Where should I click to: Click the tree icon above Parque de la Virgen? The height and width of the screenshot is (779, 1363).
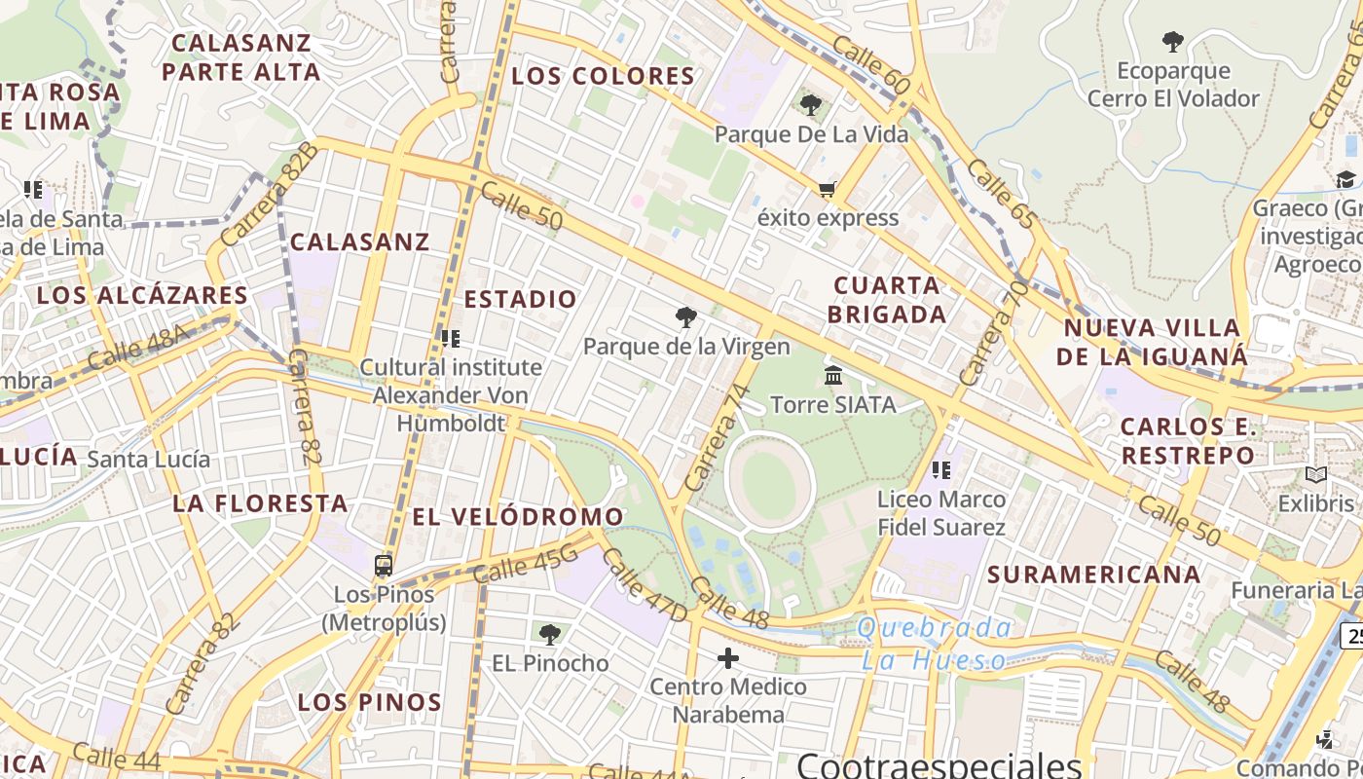coord(686,317)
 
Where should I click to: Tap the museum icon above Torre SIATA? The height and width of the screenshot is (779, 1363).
coord(833,375)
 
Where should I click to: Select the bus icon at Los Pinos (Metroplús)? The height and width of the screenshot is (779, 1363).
coord(384,566)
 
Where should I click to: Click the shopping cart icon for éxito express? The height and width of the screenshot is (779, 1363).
coord(828,189)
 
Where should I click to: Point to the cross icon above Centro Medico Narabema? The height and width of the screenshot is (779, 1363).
coord(728,659)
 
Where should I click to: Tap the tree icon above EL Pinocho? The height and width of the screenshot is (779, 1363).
coord(550,635)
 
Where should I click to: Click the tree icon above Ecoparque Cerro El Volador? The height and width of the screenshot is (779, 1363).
coord(1173,42)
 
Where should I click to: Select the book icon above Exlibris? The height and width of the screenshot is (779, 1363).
coord(1316,475)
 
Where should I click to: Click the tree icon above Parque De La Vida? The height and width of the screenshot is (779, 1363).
coord(811,105)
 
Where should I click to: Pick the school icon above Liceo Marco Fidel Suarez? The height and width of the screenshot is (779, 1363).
coord(940,471)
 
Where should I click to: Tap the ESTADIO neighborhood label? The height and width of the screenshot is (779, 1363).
coord(521,299)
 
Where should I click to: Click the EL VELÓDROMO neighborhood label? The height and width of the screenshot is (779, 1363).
coord(518,516)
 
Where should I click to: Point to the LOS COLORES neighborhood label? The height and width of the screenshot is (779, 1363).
coord(604,76)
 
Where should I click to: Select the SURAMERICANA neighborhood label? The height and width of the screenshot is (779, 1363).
coord(1094,575)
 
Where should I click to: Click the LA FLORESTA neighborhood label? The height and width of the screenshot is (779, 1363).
coord(260,503)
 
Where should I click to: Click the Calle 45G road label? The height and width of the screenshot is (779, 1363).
coord(526,566)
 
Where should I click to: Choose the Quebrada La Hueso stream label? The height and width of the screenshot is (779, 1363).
coord(934,644)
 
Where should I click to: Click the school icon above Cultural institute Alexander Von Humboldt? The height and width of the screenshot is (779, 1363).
coord(450,339)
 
